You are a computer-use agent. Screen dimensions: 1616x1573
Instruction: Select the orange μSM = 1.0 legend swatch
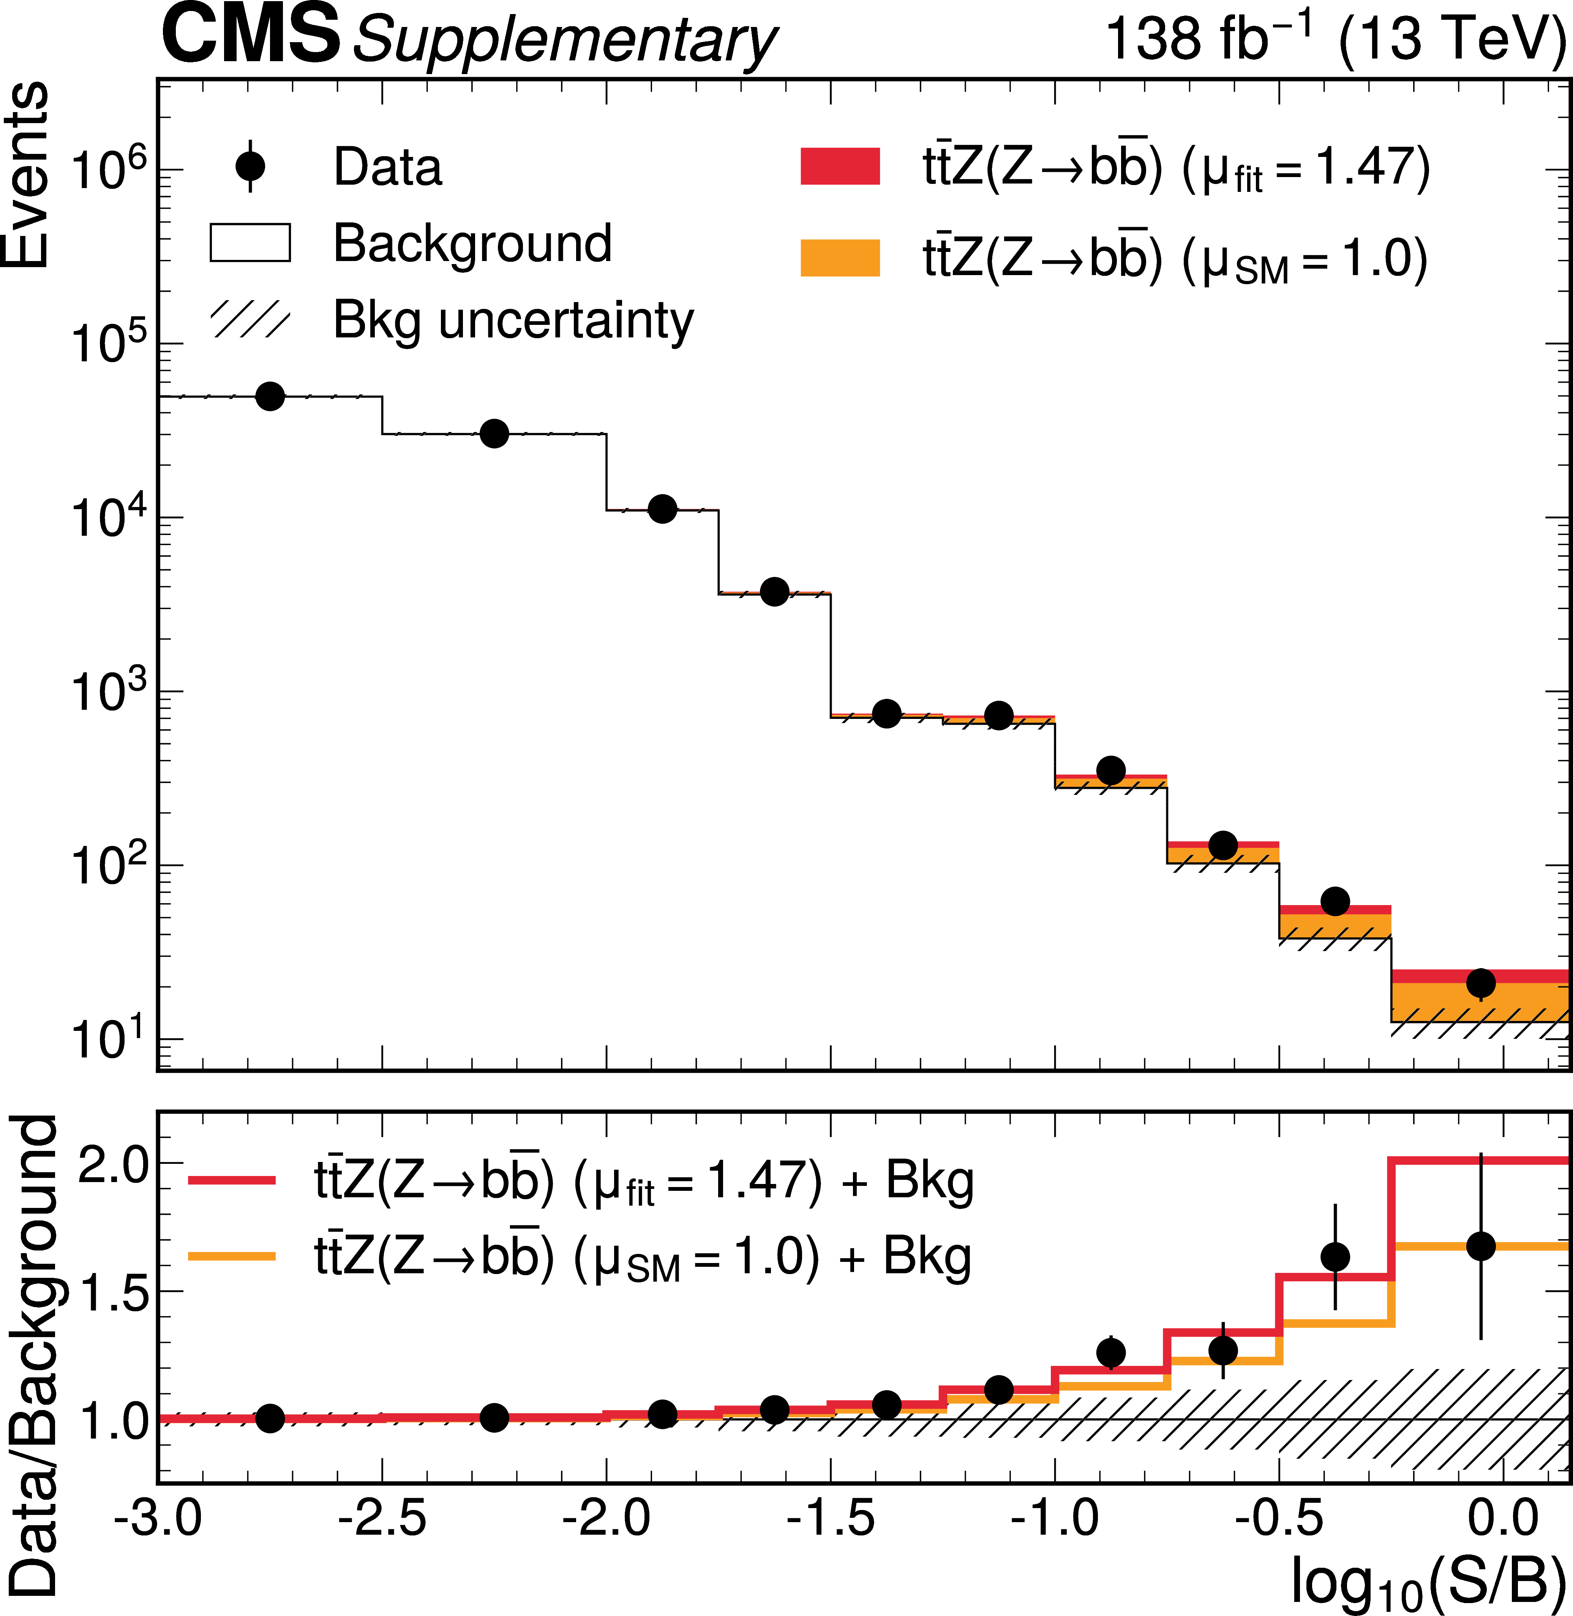pos(840,258)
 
